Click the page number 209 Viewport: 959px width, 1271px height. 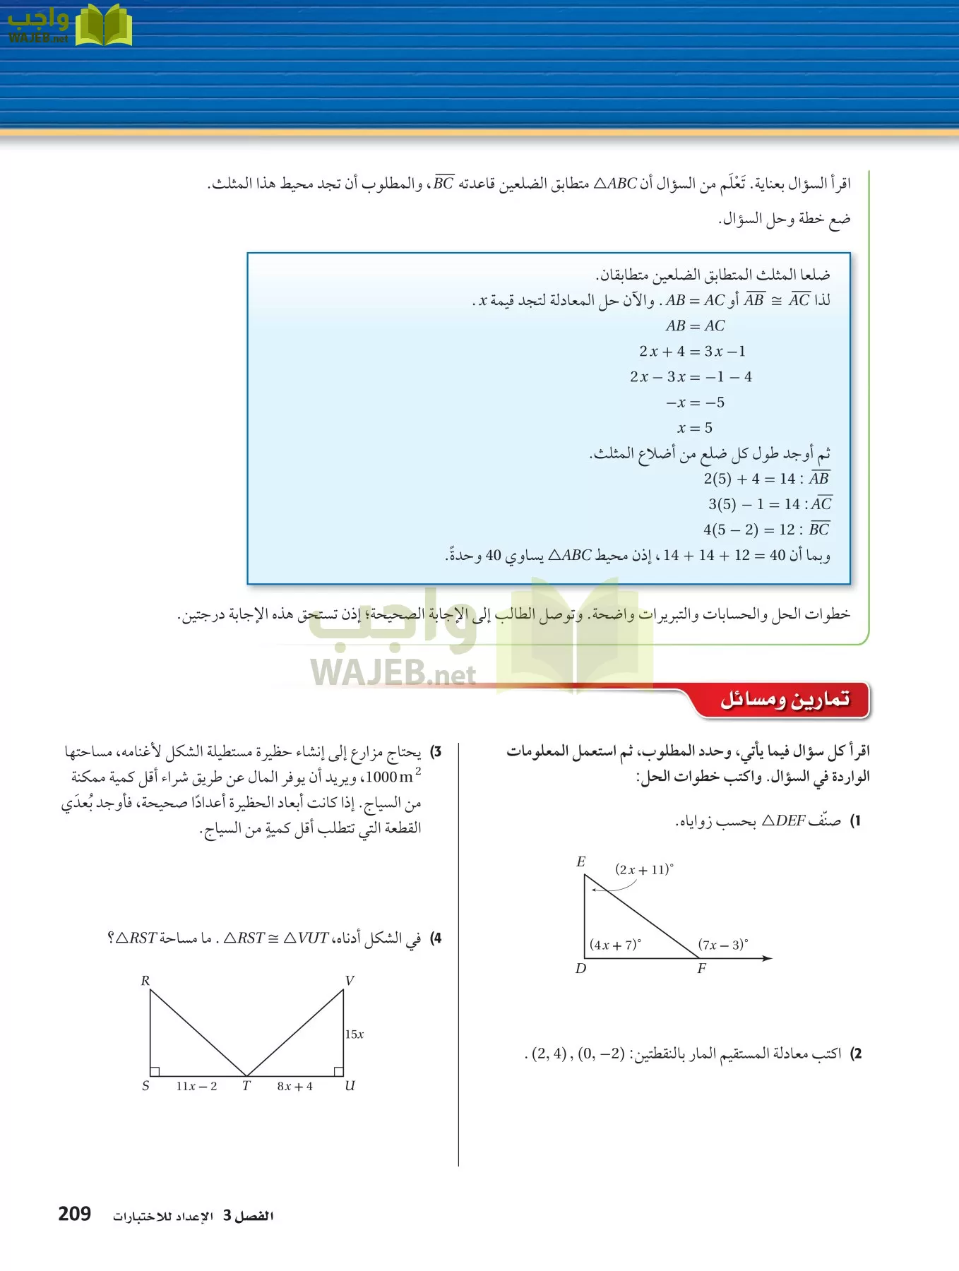pyautogui.click(x=74, y=1214)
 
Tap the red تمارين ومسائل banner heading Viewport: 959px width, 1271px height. pyautogui.click(x=784, y=700)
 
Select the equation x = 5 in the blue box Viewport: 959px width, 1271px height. pyautogui.click(x=695, y=428)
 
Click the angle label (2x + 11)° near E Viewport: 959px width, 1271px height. pyautogui.click(x=644, y=869)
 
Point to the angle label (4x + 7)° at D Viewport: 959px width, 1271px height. pyautogui.click(x=615, y=945)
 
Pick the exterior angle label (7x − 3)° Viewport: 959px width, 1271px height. pyautogui.click(x=723, y=945)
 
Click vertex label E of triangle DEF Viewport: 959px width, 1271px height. pyautogui.click(x=580, y=861)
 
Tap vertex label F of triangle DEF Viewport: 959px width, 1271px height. pyautogui.click(x=701, y=968)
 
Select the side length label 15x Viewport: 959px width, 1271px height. pyautogui.click(x=355, y=1034)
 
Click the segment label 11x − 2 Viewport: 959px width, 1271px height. pyautogui.click(x=196, y=1086)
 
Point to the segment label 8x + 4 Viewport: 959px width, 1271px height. pyautogui.click(x=294, y=1086)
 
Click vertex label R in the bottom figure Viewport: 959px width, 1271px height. pyautogui.click(x=145, y=980)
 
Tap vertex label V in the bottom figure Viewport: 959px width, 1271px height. pyautogui.click(x=350, y=980)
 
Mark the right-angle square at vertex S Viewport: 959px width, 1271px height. pyautogui.click(x=155, y=1071)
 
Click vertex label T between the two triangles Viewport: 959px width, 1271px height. pyautogui.click(x=246, y=1086)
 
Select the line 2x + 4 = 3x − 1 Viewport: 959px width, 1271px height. pyautogui.click(x=692, y=351)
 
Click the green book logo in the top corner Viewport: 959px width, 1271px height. pyautogui.click(x=104, y=25)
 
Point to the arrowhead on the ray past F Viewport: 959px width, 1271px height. pyautogui.click(x=768, y=958)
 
